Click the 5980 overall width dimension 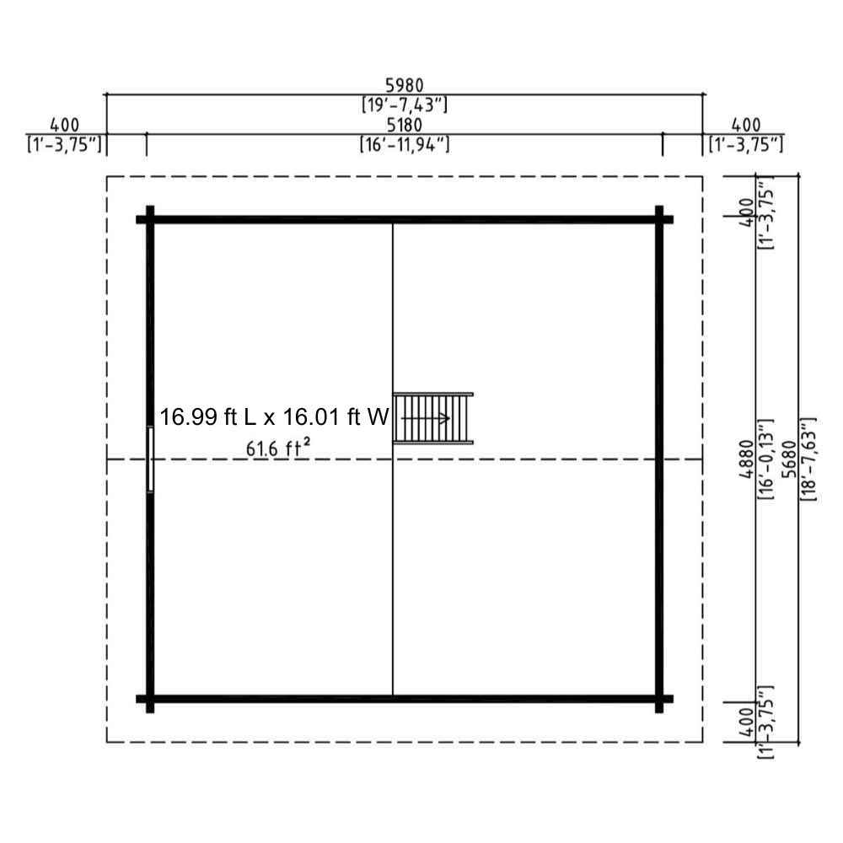click(405, 85)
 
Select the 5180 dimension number click(405, 125)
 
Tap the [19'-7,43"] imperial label click(405, 105)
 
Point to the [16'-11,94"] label click(405, 145)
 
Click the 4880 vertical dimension click(747, 459)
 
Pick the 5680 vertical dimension click(789, 459)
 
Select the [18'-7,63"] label click(808, 459)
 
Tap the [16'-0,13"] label click(765, 459)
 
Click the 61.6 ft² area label click(278, 448)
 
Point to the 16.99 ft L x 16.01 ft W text click(274, 417)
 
